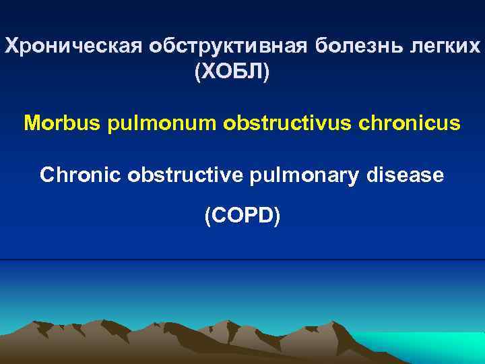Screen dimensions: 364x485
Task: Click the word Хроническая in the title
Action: click(55, 47)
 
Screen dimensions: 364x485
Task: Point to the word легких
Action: click(451, 47)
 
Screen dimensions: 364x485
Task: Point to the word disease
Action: click(405, 175)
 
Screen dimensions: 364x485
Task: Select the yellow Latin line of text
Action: click(242, 124)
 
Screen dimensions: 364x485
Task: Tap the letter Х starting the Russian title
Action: click(11, 47)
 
